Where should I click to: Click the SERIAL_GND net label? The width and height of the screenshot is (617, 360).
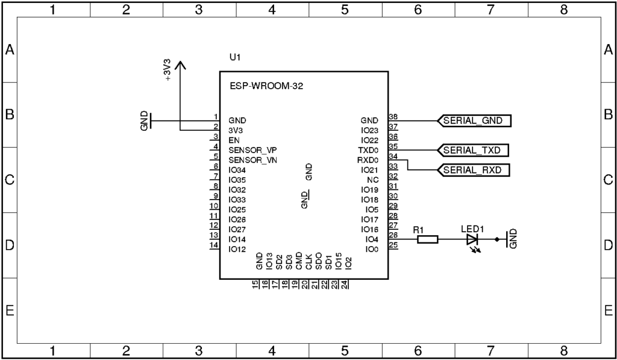(x=473, y=121)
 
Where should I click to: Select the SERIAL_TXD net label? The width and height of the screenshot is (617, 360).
(x=473, y=150)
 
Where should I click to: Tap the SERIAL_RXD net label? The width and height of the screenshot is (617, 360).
(x=473, y=170)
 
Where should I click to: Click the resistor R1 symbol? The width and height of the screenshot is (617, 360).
(x=428, y=240)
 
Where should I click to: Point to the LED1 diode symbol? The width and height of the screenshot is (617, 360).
(x=472, y=240)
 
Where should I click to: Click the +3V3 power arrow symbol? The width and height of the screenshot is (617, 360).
(x=181, y=66)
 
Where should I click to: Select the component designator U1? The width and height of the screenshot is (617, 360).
(x=235, y=57)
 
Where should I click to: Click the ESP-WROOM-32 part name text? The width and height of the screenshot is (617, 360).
(x=266, y=86)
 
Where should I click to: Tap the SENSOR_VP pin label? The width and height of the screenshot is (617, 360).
(x=252, y=150)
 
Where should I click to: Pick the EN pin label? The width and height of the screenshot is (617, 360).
(x=234, y=140)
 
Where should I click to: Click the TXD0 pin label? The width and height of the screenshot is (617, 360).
(x=367, y=150)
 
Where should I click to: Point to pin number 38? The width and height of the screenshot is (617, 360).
(x=393, y=117)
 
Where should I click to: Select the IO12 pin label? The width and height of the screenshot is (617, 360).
(x=237, y=249)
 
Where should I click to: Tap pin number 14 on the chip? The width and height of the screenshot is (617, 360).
(x=213, y=245)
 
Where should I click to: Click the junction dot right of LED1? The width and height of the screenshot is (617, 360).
(x=496, y=240)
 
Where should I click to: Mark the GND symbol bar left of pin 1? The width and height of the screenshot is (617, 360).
(x=151, y=121)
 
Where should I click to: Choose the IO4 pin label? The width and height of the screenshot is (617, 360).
(x=371, y=239)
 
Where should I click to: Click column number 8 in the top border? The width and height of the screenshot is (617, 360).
(x=563, y=10)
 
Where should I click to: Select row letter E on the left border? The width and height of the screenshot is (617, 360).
(x=10, y=311)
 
